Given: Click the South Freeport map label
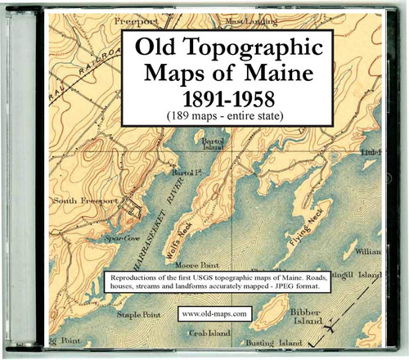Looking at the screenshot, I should [x=88, y=200].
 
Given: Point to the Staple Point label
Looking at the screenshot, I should [x=141, y=313].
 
